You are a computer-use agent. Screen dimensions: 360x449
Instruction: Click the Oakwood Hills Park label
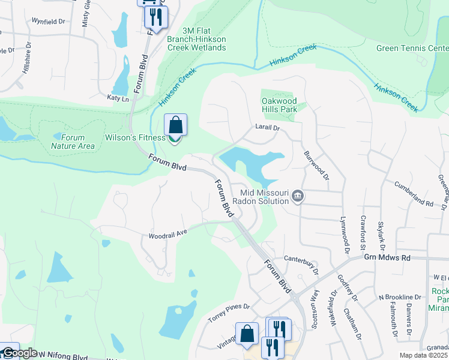(x=279, y=106)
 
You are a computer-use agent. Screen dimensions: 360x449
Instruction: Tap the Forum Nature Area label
(x=73, y=142)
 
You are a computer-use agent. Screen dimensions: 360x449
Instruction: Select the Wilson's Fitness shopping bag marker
(x=175, y=126)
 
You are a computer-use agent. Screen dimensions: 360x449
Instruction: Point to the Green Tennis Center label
(x=412, y=48)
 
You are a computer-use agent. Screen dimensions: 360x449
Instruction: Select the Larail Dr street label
(x=268, y=128)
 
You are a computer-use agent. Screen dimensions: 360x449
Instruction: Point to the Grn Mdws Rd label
(x=387, y=257)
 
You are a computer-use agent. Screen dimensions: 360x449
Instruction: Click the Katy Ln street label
(x=118, y=97)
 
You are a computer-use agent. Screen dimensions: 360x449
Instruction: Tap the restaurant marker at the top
(x=156, y=17)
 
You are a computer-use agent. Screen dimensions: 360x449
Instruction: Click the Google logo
(x=19, y=353)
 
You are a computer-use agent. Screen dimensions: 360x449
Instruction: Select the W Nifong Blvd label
(x=62, y=355)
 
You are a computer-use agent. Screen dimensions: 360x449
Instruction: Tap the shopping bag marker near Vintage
(x=247, y=334)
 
